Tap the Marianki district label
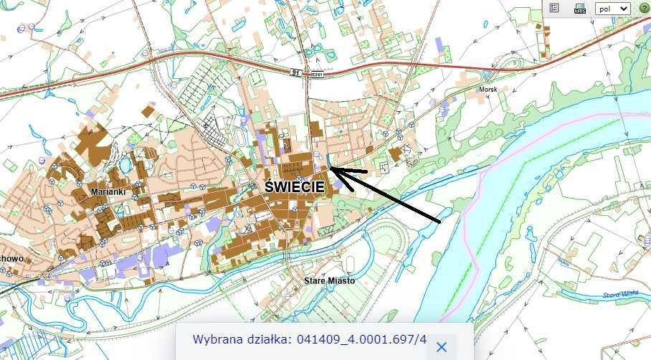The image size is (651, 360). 109,192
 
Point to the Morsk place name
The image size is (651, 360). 488,90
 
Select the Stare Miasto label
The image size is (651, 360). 329,280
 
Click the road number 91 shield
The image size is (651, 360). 295,72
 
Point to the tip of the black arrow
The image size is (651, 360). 331,169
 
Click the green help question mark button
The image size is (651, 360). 644,8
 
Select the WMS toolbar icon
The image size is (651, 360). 580,9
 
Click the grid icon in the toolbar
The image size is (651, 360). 554,8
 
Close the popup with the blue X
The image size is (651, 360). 442,347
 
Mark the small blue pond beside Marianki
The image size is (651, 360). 125,164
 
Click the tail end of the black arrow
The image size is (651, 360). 439,222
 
